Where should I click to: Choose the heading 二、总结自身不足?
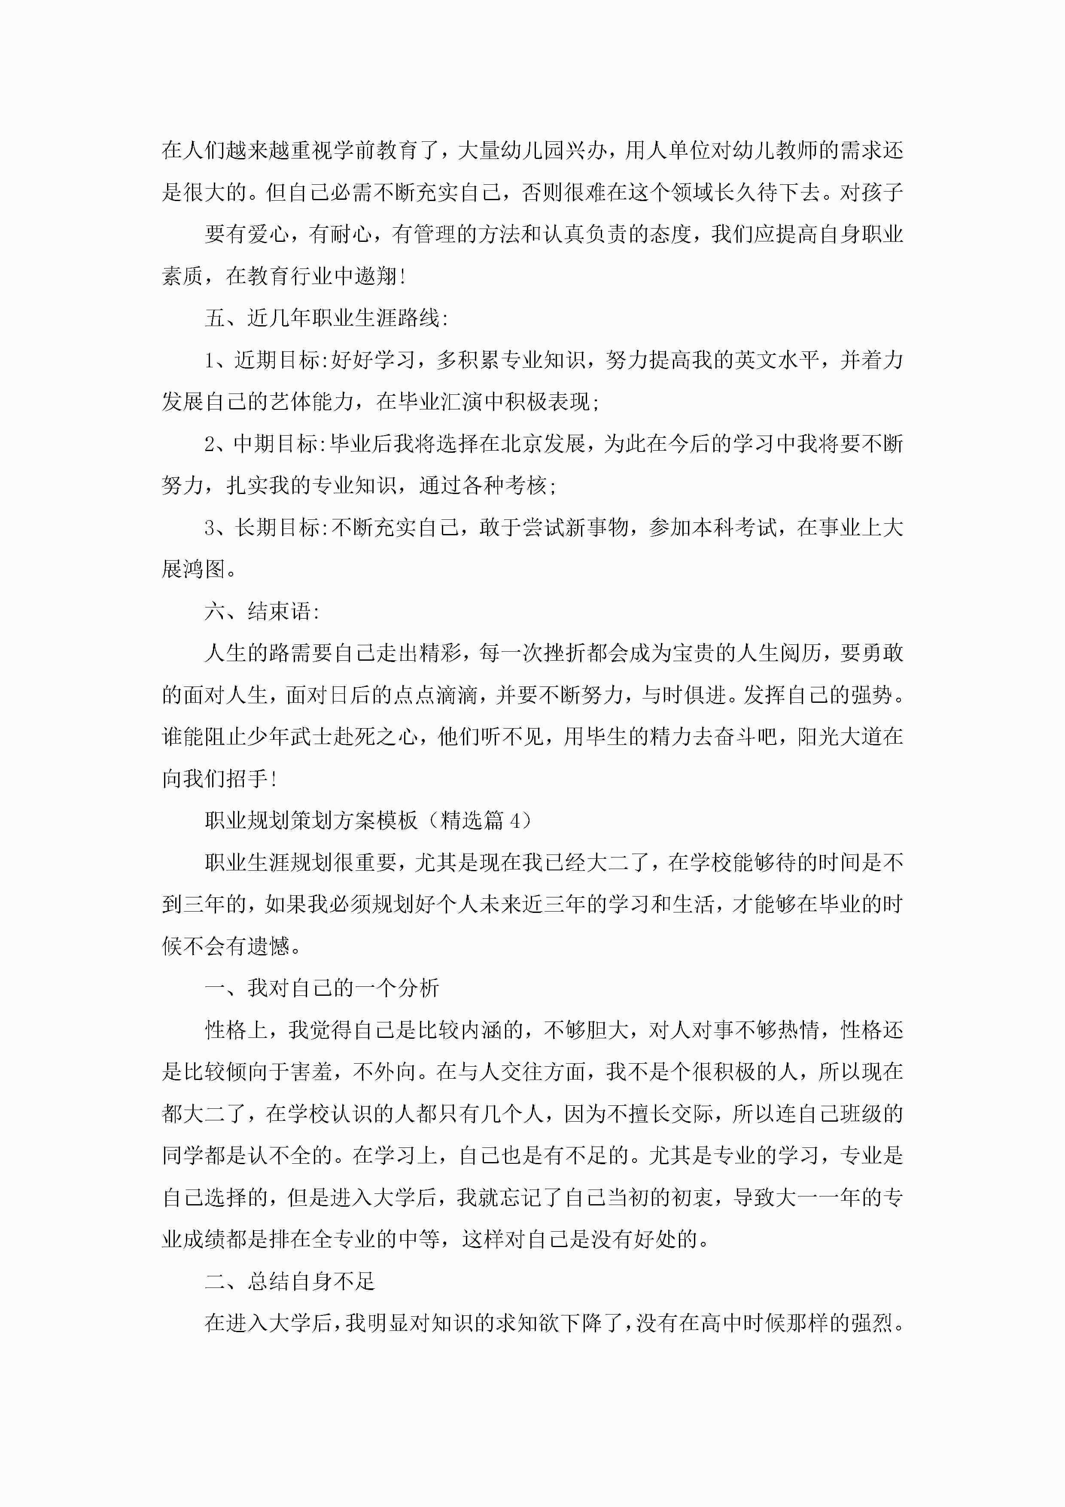(289, 1281)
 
